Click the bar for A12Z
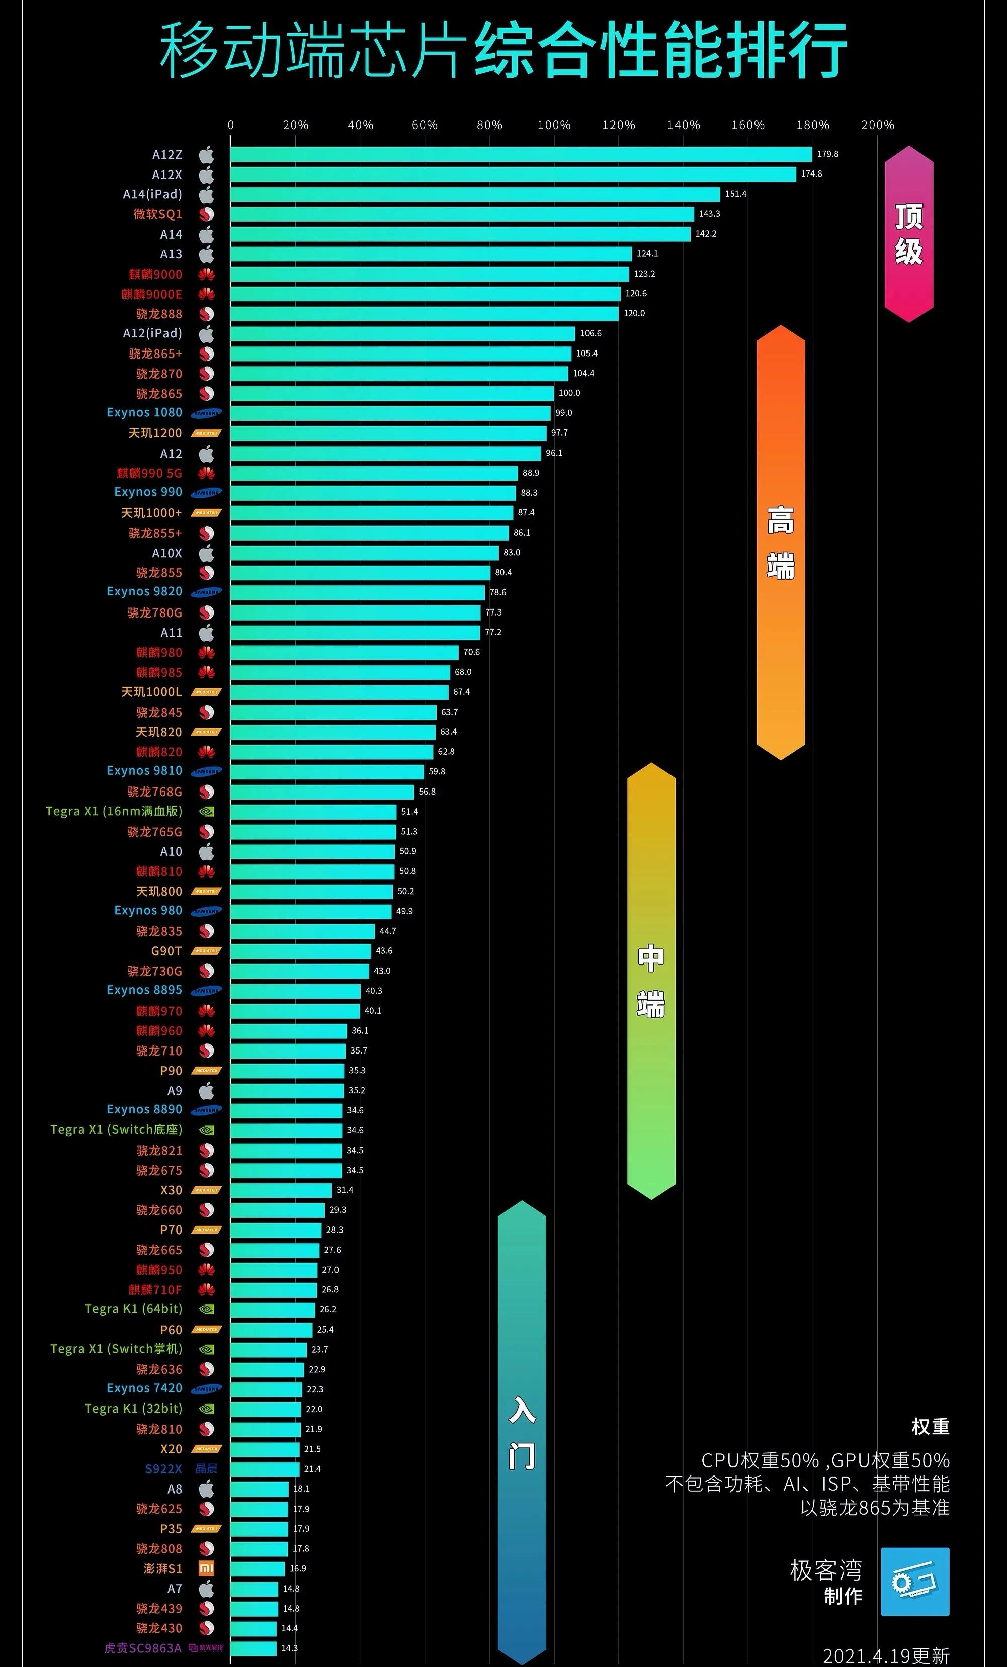[x=521, y=154]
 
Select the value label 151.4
[x=735, y=194]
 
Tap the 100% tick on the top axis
[x=554, y=125]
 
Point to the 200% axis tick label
[x=877, y=125]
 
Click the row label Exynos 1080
[x=144, y=413]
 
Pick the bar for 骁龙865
[x=392, y=394]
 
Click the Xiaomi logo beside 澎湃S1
[x=206, y=1568]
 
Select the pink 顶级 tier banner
[x=909, y=234]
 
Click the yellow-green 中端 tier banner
[x=651, y=981]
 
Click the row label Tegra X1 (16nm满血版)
[x=114, y=811]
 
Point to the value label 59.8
[x=437, y=771]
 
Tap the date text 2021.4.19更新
[x=886, y=1655]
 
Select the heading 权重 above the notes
[x=930, y=1427]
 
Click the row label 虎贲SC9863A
[x=143, y=1648]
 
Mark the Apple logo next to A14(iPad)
[x=206, y=195]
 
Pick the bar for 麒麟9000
[x=430, y=274]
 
